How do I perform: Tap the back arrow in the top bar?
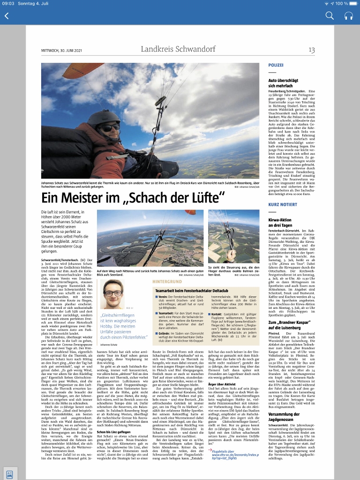[x=7, y=16]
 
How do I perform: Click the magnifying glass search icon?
[x=330, y=16]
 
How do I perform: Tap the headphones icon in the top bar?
[x=348, y=16]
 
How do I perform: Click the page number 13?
[x=311, y=50]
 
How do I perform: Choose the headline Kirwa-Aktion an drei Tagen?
[x=281, y=222]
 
